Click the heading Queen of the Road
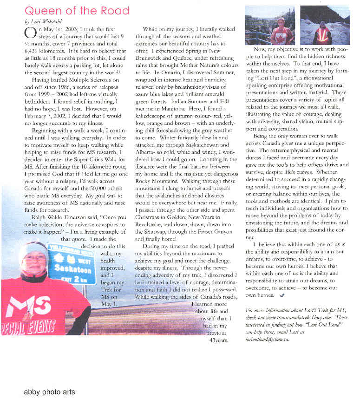click(x=77, y=11)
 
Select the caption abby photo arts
click(x=49, y=392)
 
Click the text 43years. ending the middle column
click(x=219, y=340)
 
